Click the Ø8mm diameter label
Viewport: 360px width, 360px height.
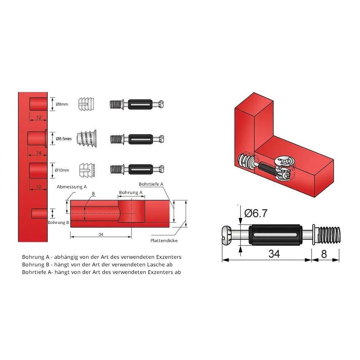coord(62,104)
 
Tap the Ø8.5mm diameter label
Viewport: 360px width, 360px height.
coord(64,139)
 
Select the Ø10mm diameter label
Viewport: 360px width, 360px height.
coord(62,170)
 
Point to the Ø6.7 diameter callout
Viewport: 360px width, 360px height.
coord(256,213)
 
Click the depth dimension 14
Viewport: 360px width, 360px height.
coord(39,153)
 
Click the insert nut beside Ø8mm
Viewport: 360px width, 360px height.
coord(86,104)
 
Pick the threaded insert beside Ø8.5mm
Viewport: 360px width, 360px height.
coord(86,138)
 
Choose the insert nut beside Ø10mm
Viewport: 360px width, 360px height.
coord(87,170)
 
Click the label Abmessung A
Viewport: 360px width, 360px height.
coord(72,187)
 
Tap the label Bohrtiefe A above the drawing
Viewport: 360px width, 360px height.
coord(151,184)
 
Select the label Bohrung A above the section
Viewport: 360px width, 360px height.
coord(131,193)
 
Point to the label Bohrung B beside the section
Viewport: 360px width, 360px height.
coord(58,222)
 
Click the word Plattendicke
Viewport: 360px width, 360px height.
coord(164,241)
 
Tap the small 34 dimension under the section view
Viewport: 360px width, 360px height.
coord(101,235)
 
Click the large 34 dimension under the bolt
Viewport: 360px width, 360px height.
coord(274,254)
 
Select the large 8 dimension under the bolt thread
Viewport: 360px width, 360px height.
coord(324,254)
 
